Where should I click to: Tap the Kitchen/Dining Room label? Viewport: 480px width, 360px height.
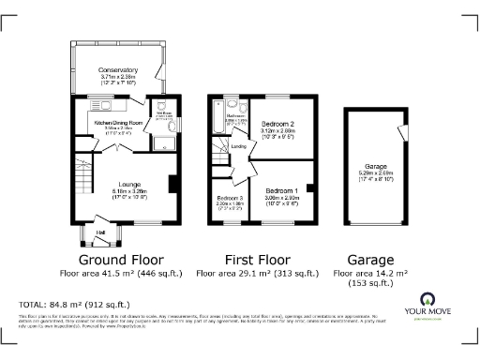coord(118,123)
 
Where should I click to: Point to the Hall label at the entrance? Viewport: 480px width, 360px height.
coord(99,232)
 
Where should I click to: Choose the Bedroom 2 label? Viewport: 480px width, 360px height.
coord(278,124)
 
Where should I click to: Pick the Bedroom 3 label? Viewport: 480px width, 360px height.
coord(230,198)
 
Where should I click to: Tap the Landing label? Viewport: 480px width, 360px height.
coord(239,147)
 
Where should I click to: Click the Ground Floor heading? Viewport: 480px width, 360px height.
coord(120,260)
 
